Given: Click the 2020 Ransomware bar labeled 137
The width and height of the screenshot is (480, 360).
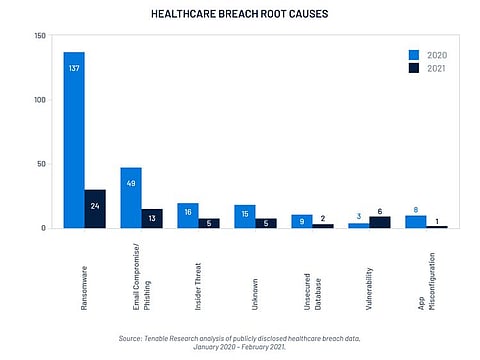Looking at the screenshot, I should pyautogui.click(x=74, y=140).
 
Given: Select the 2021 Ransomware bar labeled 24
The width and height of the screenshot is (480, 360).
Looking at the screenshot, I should pyautogui.click(x=95, y=209).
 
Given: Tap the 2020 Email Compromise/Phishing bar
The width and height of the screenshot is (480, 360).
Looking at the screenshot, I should pyautogui.click(x=131, y=198).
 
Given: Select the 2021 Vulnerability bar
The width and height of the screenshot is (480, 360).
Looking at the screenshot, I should pyautogui.click(x=380, y=222).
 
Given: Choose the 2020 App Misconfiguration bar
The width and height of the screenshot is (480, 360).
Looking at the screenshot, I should pyautogui.click(x=415, y=221).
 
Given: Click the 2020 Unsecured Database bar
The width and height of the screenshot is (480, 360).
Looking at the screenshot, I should pyautogui.click(x=302, y=221).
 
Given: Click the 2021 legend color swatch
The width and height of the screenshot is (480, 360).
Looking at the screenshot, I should pyautogui.click(x=412, y=68).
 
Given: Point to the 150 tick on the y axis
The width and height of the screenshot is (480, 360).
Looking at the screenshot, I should pyautogui.click(x=40, y=36).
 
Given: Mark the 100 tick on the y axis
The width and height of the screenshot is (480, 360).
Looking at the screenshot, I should pyautogui.click(x=40, y=100).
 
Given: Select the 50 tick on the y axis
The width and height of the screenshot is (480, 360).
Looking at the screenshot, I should pyautogui.click(x=42, y=164).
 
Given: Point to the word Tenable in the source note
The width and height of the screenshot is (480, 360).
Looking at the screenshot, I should pyautogui.click(x=178, y=338).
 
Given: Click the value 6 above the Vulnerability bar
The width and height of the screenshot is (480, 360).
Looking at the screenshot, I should pyautogui.click(x=380, y=210).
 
